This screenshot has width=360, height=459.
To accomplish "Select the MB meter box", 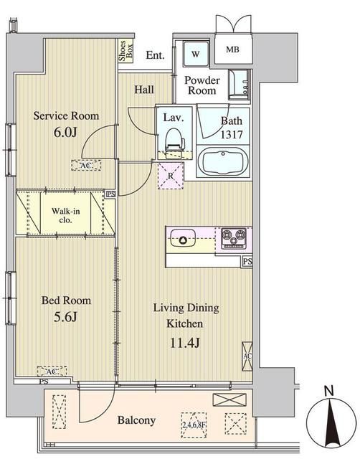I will (233, 49).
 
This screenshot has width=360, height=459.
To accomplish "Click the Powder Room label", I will (202, 85).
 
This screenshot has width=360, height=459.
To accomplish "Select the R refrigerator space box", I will (171, 175).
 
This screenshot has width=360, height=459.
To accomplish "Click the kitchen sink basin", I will (181, 237).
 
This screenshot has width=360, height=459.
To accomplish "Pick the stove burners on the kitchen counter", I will (233, 235).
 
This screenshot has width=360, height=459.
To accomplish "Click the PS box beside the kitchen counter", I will (247, 262).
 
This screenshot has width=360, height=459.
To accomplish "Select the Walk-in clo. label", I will (65, 215).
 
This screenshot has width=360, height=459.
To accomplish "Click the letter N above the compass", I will (328, 391).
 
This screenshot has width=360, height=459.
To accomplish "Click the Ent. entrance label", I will (154, 55).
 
